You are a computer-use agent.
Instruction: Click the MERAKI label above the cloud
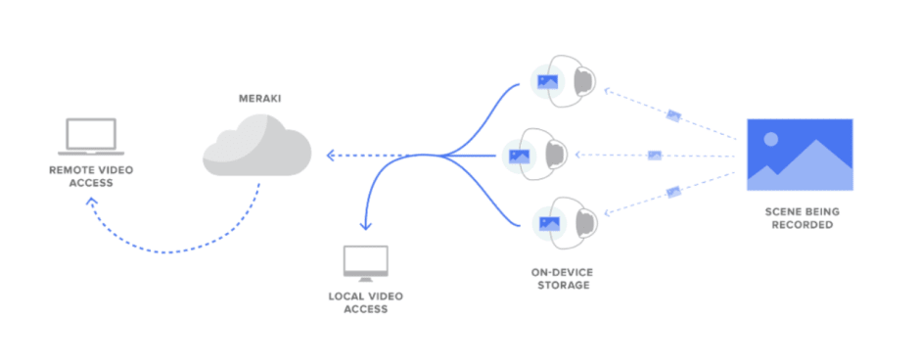[x=256, y=98]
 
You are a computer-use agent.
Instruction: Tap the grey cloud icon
[x=256, y=148]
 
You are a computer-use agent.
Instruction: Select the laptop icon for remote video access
[x=90, y=136]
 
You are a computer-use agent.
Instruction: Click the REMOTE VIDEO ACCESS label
[x=90, y=176]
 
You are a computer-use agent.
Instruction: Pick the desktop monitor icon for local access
[x=366, y=263]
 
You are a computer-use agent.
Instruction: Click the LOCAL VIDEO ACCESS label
[x=366, y=302]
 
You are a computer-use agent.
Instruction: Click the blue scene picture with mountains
[x=800, y=155]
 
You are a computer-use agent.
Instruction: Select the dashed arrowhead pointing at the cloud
[x=330, y=155]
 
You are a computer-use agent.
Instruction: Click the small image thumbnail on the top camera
[x=545, y=83]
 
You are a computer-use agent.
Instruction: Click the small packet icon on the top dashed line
[x=673, y=115]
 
